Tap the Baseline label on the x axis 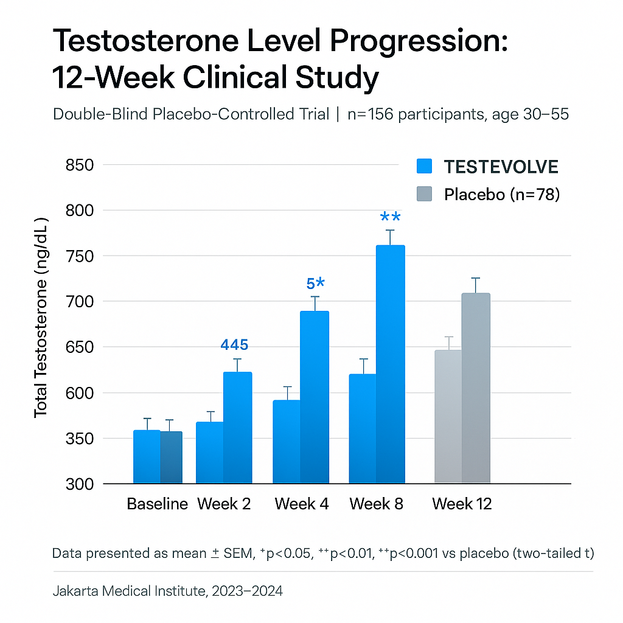click(157, 504)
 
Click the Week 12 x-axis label click(462, 504)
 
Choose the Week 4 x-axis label click(302, 504)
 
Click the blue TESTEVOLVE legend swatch click(424, 166)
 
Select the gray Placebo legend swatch click(424, 194)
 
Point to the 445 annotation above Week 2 click(234, 345)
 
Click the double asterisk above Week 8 click(390, 217)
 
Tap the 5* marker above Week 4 click(315, 284)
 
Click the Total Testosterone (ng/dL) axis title click(41, 316)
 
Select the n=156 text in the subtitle click(372, 114)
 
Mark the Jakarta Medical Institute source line click(167, 591)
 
